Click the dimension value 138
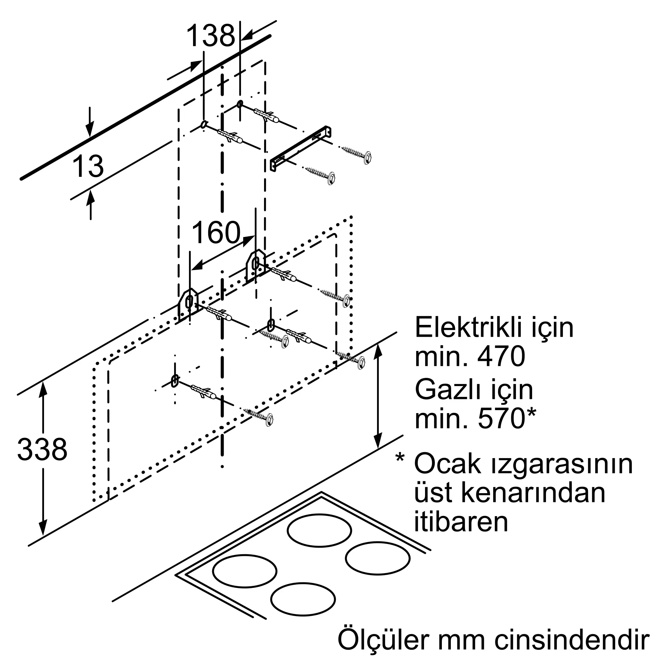coord(211,35)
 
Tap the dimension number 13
coord(88,166)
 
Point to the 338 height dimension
coord(42,449)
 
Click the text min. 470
coord(470,357)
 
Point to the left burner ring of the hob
coord(245,571)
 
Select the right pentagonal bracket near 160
coord(255,265)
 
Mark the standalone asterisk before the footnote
coord(400,457)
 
